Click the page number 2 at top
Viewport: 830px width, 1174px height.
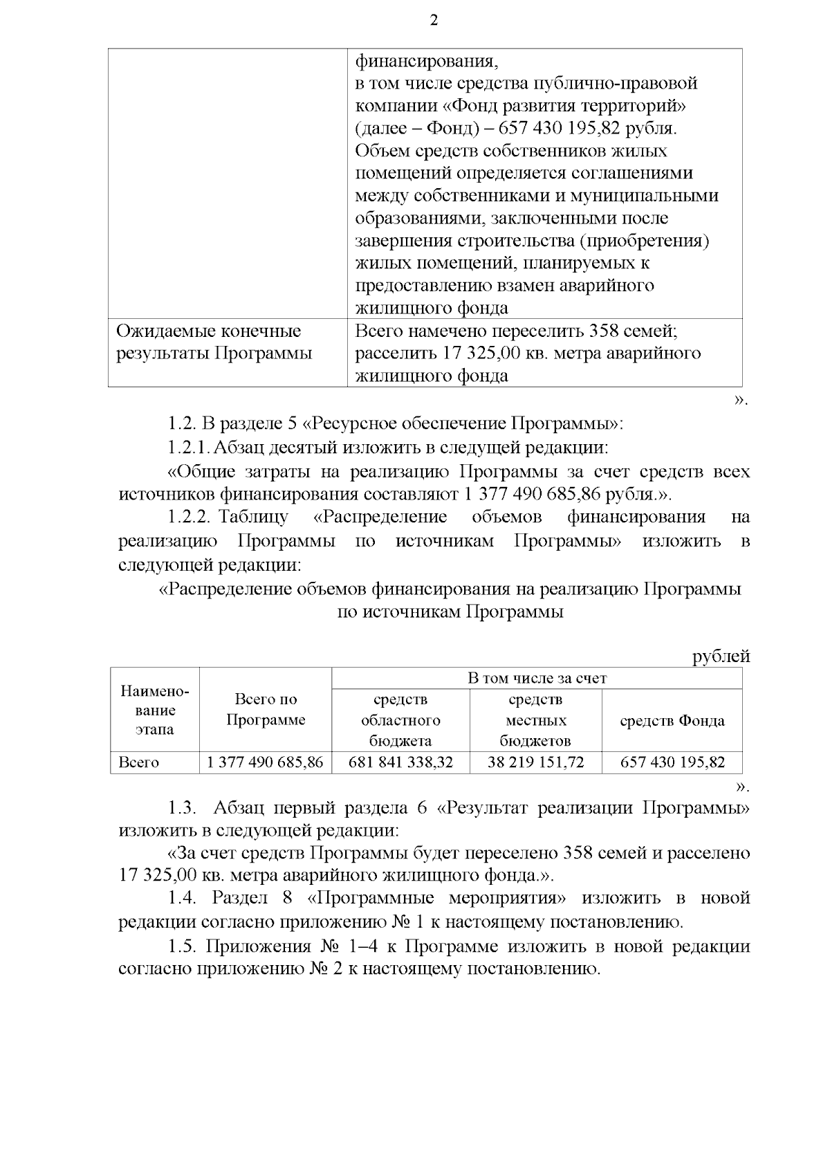tap(434, 20)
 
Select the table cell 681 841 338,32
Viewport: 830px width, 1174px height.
tap(400, 762)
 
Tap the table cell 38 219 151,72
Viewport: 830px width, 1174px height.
tap(535, 762)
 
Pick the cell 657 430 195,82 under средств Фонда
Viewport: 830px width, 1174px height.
tap(672, 762)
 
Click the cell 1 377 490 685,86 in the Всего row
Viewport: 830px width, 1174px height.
tap(265, 762)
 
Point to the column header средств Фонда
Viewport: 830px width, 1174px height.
tap(672, 721)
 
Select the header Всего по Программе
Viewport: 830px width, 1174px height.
tap(266, 710)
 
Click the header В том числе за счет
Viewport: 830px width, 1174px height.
tap(537, 679)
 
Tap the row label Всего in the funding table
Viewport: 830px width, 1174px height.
tap(139, 762)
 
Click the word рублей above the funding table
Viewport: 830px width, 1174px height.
tap(721, 657)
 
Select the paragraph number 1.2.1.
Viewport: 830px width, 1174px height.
tap(188, 448)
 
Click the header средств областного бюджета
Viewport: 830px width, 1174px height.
tap(400, 720)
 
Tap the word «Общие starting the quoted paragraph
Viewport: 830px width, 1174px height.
tap(201, 472)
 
